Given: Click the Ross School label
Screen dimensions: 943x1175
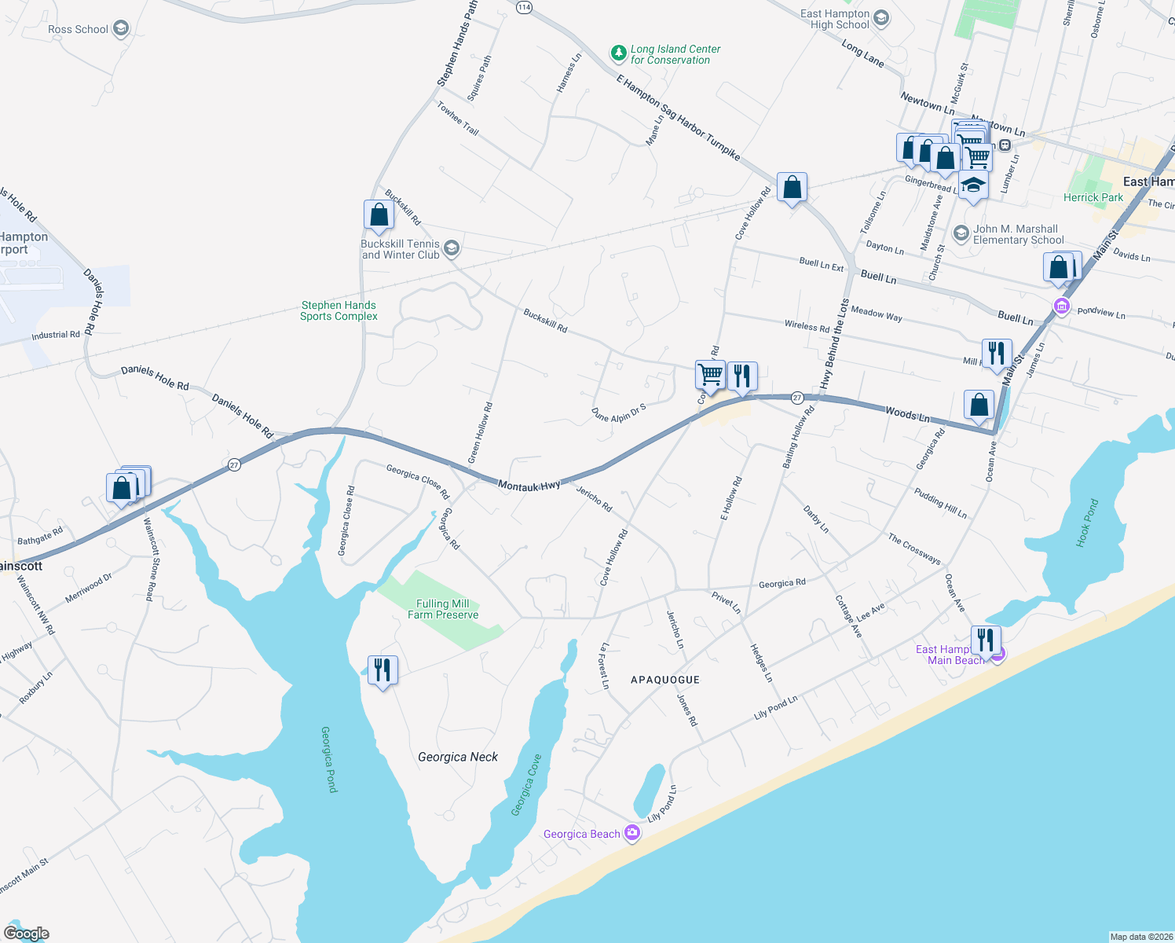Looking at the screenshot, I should coord(78,30).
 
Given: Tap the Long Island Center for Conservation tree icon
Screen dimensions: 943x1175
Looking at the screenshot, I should coord(619,53).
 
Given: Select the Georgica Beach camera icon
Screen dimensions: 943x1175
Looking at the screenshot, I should coord(632,834).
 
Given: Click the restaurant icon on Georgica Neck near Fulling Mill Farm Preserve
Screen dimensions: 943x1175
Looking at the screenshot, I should coord(383,670).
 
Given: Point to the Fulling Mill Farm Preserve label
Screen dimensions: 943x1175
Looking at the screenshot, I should coord(443,609).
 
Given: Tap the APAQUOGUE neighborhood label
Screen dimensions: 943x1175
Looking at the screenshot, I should coord(664,680).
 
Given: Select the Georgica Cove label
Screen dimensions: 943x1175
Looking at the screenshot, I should coord(526,786).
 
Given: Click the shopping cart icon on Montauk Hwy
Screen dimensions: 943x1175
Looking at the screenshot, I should coord(710,375).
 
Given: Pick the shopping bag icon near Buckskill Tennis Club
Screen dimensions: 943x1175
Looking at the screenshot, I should coord(379,215).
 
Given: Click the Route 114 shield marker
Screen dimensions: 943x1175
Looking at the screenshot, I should coord(525,7).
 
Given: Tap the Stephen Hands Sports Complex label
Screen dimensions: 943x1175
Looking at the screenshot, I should coord(339,310).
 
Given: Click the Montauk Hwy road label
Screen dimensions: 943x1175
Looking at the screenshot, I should coord(529,486).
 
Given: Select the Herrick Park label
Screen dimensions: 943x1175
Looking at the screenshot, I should coord(1093,197).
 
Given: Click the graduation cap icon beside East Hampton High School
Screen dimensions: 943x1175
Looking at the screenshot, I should coord(881,19).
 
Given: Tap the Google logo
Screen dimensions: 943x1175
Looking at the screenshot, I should coord(27,934).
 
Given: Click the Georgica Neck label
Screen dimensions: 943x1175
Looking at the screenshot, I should coord(458,757).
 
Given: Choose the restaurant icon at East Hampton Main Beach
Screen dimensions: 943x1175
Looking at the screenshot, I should coord(986,640).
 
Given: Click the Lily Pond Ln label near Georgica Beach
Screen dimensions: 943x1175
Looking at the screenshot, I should coord(661,804).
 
